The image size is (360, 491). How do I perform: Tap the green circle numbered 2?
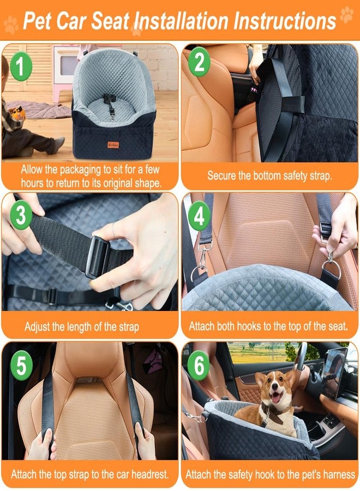coord(199,64)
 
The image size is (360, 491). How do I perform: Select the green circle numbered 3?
coord(21,215)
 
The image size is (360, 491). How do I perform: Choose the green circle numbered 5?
coord(21,364)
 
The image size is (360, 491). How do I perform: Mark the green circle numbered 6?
coord(199,364)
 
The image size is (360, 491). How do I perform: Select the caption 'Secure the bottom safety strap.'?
coord(270,176)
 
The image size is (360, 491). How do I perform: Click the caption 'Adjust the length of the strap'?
coord(82,327)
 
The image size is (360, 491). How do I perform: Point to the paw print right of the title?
coord(346,15)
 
